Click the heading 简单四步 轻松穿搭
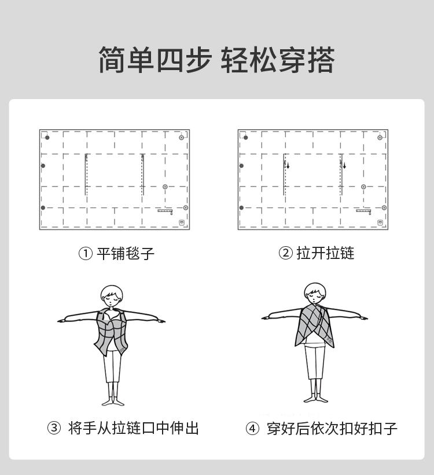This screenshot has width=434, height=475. point(216,60)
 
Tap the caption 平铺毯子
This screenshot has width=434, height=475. point(126,253)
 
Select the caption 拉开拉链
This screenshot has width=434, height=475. point(325,253)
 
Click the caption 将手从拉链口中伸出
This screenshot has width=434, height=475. point(133,428)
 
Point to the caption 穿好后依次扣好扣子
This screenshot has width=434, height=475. point(332,428)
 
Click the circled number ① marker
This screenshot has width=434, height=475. point(85,254)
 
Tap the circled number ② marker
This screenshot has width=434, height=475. point(285,253)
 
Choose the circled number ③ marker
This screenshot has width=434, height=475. point(54,428)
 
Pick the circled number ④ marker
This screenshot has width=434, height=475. point(252,429)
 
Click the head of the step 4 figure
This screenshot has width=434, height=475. point(315,293)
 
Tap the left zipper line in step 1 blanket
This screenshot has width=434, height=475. point(86,174)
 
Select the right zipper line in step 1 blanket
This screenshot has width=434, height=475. point(142,174)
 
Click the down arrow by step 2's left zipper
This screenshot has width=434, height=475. point(288,166)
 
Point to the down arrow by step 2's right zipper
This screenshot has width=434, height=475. point(344,166)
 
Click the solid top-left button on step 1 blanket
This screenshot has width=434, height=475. point(47,137)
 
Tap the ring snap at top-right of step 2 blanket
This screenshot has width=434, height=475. point(380,137)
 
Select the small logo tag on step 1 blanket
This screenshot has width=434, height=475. point(182,222)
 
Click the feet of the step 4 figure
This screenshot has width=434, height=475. point(316,399)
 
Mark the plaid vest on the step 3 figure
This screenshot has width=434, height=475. point(111,332)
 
